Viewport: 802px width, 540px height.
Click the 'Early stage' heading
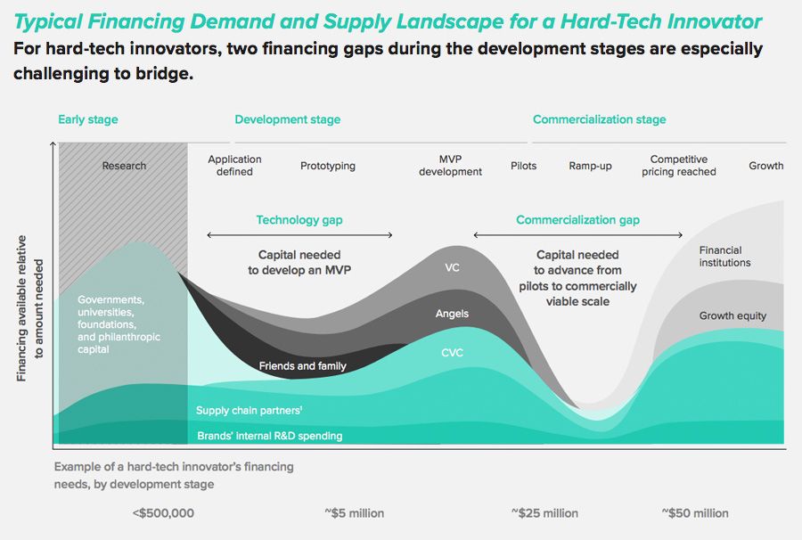point(87,119)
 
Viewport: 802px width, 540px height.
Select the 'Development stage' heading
point(287,119)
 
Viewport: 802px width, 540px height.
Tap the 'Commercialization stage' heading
point(599,119)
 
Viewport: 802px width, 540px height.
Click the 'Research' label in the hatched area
point(124,166)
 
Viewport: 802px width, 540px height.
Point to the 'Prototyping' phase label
point(327,166)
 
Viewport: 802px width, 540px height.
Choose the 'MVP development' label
point(450,166)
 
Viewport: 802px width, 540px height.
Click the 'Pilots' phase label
point(523,166)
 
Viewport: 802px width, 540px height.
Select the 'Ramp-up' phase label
point(590,166)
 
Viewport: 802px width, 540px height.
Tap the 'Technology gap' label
point(299,220)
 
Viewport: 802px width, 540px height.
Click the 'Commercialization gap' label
point(577,220)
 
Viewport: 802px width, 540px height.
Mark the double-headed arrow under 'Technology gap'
point(299,235)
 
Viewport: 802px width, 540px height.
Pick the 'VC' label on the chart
point(452,267)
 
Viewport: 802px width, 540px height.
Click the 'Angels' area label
point(452,314)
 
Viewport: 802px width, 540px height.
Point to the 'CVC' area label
point(452,353)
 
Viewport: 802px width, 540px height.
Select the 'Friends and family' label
point(302,366)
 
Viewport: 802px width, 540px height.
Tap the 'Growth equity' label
point(732,316)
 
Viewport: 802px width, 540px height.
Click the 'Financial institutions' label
point(724,257)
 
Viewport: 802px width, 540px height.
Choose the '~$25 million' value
point(544,513)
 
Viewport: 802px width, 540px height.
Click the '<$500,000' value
point(162,513)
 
